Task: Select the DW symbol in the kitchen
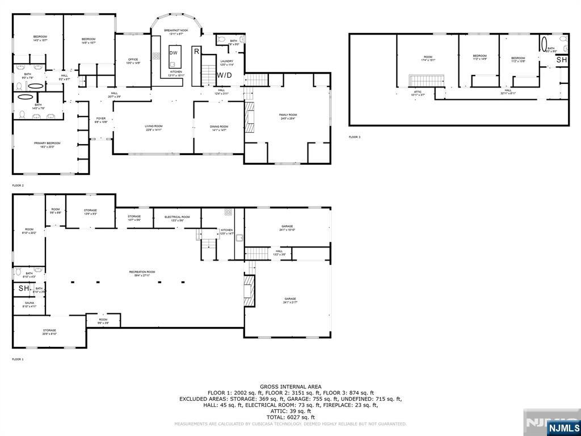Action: coord(174,53)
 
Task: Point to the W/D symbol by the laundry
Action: coord(224,75)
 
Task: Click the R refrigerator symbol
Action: coord(196,51)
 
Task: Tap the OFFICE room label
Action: coord(133,61)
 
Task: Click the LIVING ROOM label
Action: coord(153,128)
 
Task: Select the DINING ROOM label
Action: coord(219,128)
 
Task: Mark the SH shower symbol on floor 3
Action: coord(561,60)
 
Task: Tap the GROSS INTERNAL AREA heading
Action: coord(290,386)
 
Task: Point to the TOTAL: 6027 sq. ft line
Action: coord(290,417)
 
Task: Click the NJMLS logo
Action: coord(563,427)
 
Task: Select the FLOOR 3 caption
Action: coord(355,137)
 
